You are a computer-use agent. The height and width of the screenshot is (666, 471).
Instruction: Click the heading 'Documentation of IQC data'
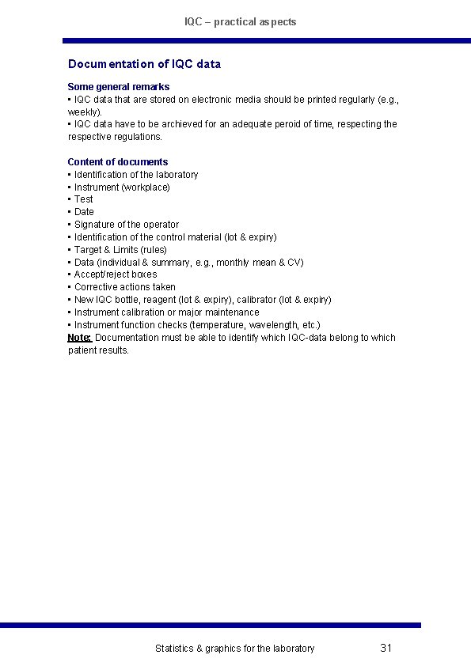pyautogui.click(x=144, y=64)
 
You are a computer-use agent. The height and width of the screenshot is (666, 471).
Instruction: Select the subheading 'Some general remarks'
pyautogui.click(x=118, y=86)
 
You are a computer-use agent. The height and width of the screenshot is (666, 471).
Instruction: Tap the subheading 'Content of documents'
pyautogui.click(x=117, y=162)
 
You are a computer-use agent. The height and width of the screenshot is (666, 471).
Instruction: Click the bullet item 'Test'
pyautogui.click(x=84, y=199)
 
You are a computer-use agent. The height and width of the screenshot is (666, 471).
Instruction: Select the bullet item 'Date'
pyautogui.click(x=84, y=212)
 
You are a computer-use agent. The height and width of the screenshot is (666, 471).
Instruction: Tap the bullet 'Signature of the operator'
pyautogui.click(x=127, y=225)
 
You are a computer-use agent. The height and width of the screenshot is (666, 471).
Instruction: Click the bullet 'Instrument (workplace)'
pyautogui.click(x=122, y=187)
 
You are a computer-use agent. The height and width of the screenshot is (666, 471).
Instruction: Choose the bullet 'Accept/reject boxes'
pyautogui.click(x=116, y=274)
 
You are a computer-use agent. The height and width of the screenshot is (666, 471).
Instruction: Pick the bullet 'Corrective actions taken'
pyautogui.click(x=125, y=287)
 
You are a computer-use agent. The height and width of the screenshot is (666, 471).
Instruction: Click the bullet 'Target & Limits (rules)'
pyautogui.click(x=120, y=249)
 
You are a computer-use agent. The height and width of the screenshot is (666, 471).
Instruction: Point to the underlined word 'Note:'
pyautogui.click(x=80, y=338)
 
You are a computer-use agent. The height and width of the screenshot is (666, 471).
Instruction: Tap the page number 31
pyautogui.click(x=386, y=649)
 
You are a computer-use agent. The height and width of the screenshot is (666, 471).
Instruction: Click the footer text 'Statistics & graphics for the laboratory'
pyautogui.click(x=234, y=649)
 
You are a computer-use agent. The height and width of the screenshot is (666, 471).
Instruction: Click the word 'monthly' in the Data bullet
pyautogui.click(x=232, y=262)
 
